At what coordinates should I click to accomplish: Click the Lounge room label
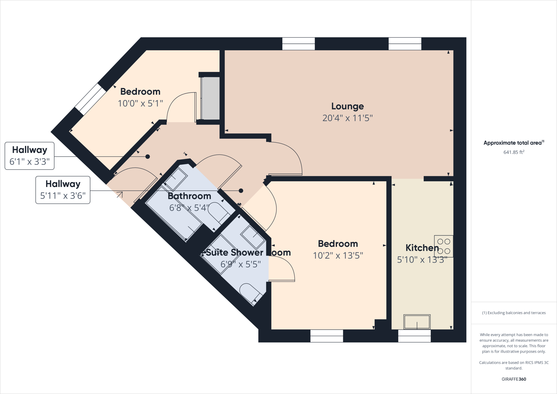click(347, 106)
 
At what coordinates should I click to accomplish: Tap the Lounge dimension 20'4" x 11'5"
click(347, 118)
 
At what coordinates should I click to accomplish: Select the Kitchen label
click(422, 248)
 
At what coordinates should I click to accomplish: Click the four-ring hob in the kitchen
click(444, 246)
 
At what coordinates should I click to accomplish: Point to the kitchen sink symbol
click(417, 322)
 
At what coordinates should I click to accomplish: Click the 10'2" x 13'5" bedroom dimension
click(338, 256)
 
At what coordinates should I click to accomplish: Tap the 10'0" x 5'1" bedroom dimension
click(140, 104)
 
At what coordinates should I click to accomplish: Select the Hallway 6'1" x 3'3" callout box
click(30, 156)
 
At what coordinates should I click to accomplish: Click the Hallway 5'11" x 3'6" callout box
click(63, 190)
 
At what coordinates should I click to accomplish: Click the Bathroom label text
click(189, 196)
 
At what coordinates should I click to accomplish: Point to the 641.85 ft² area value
click(513, 152)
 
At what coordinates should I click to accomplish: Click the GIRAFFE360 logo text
click(513, 379)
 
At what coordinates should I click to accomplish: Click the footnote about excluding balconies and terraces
click(513, 313)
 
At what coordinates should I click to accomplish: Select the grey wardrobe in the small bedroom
click(210, 98)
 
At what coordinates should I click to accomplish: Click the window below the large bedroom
click(326, 336)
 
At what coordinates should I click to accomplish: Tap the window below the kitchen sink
click(414, 336)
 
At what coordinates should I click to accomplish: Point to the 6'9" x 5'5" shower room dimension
click(240, 264)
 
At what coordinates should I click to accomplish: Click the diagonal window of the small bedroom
click(90, 99)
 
